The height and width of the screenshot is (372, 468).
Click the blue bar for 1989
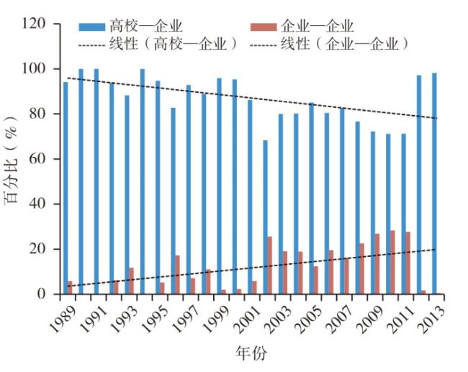coord(66,187)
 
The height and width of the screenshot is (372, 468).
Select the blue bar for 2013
coord(434,183)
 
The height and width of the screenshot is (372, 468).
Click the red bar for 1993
coord(132,281)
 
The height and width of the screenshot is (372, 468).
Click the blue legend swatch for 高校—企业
coord(91,27)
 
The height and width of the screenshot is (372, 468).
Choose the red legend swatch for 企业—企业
coord(264,27)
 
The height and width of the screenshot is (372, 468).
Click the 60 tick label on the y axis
coord(39,159)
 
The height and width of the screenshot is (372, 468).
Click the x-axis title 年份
coord(250,354)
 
